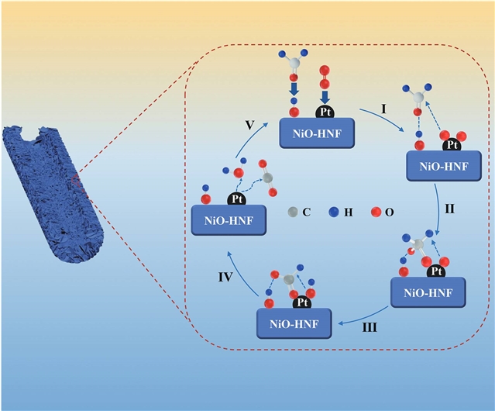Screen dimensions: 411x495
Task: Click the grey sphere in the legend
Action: coord(292,211)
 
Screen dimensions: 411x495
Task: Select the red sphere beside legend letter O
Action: coord(376,211)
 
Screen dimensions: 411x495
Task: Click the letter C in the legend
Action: coord(308,211)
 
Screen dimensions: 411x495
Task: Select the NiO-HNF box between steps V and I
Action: coord(318,133)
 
